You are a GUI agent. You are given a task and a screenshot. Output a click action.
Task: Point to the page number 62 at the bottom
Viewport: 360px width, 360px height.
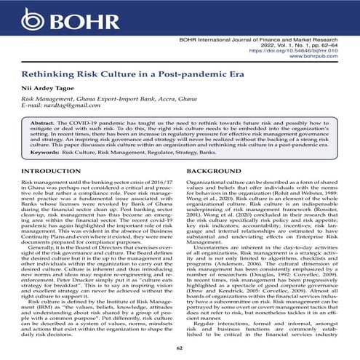point(179,350)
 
